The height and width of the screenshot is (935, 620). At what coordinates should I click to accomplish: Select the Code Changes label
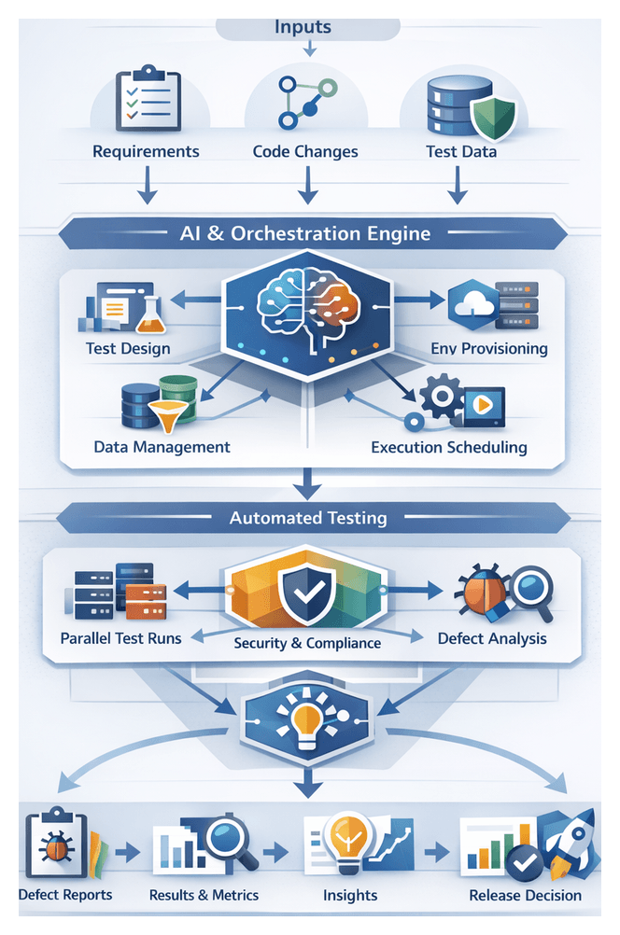coord(305,151)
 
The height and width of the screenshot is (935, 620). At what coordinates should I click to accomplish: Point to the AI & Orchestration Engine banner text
coord(306,233)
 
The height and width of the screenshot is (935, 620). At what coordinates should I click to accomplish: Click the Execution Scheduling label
coord(448,447)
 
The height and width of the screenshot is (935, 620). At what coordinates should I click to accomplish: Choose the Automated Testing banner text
coord(308,517)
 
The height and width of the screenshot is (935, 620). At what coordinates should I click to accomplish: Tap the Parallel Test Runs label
coord(121,639)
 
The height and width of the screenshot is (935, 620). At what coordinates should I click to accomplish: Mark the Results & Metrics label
coord(204,896)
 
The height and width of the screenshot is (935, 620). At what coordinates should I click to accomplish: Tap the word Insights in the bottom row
coord(350,896)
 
